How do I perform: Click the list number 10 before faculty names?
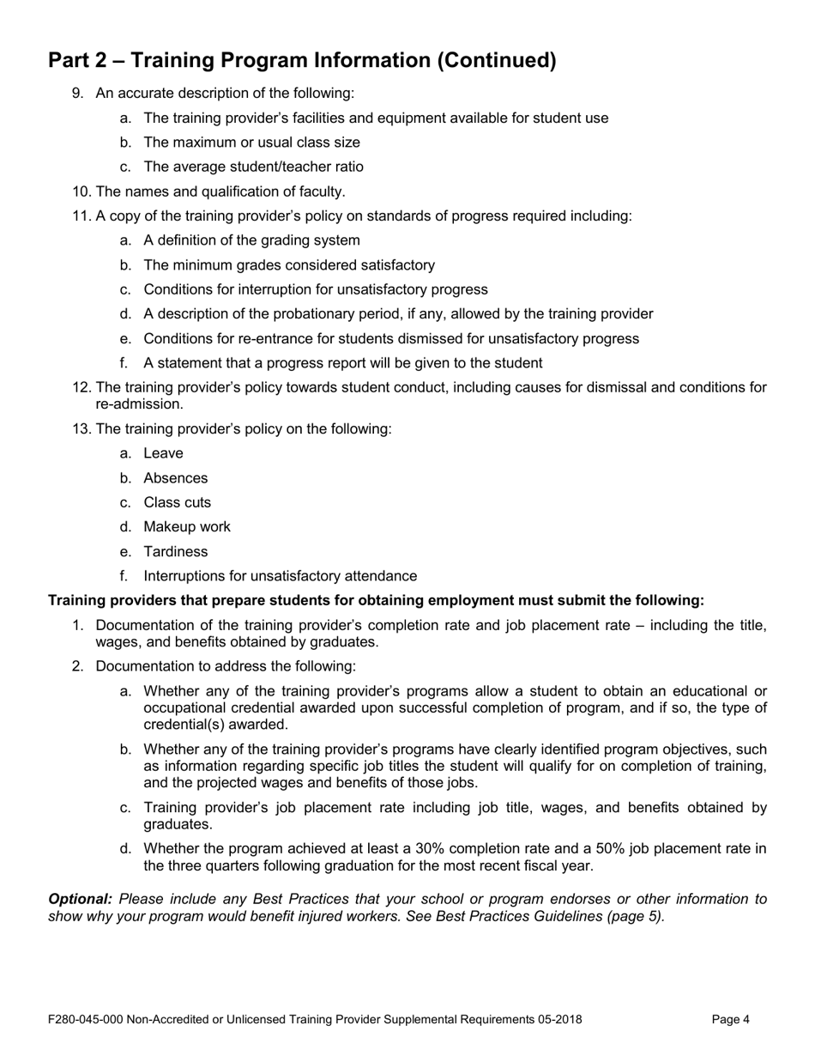(82, 191)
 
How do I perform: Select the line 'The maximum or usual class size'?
(251, 143)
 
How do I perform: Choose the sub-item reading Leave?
(163, 453)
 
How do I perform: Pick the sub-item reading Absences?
(175, 478)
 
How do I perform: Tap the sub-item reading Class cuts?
(177, 502)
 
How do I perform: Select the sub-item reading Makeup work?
(187, 527)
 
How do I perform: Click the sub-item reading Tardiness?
(175, 551)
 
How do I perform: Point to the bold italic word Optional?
(80, 899)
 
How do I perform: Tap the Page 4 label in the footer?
(731, 1020)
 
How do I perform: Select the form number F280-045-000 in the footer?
(87, 1020)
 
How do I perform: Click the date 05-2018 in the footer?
(558, 1020)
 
